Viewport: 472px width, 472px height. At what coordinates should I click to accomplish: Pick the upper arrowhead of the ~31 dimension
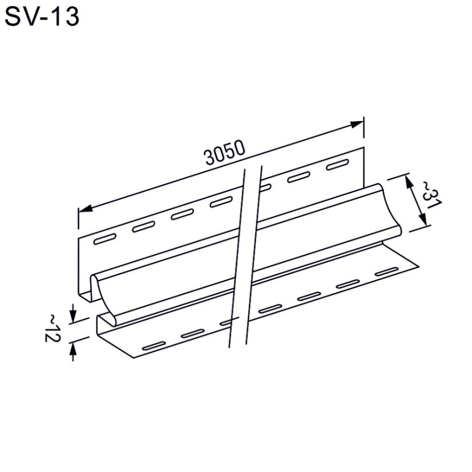(x=409, y=181)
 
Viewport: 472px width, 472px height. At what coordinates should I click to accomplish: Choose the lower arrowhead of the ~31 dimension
(x=422, y=222)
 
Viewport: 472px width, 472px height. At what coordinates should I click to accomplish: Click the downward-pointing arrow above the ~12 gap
(x=73, y=314)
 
